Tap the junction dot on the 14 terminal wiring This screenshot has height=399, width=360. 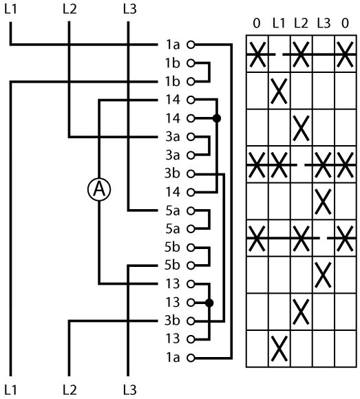tap(217, 118)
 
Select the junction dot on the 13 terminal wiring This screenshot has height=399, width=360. tap(209, 303)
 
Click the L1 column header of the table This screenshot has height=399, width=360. tap(279, 23)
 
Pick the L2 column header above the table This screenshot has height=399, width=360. tap(301, 23)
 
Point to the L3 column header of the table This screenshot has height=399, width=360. tap(324, 23)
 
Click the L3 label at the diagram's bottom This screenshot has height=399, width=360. tap(130, 389)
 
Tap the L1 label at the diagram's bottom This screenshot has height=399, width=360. tap(11, 389)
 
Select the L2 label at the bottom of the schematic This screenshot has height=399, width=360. tap(70, 389)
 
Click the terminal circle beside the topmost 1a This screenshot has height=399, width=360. tap(191, 45)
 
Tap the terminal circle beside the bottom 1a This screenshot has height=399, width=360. tap(191, 358)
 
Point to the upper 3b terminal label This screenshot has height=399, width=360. tap(172, 173)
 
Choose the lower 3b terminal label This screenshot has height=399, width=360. tap(172, 321)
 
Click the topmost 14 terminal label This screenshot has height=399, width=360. tap(173, 100)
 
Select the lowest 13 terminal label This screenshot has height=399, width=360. tap(173, 338)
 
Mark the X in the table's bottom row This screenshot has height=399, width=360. tap(279, 349)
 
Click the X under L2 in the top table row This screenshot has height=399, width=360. tap(301, 54)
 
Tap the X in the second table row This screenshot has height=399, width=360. tap(279, 91)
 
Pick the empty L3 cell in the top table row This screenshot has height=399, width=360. tap(324, 54)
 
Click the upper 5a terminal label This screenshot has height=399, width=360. tap(173, 211)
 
